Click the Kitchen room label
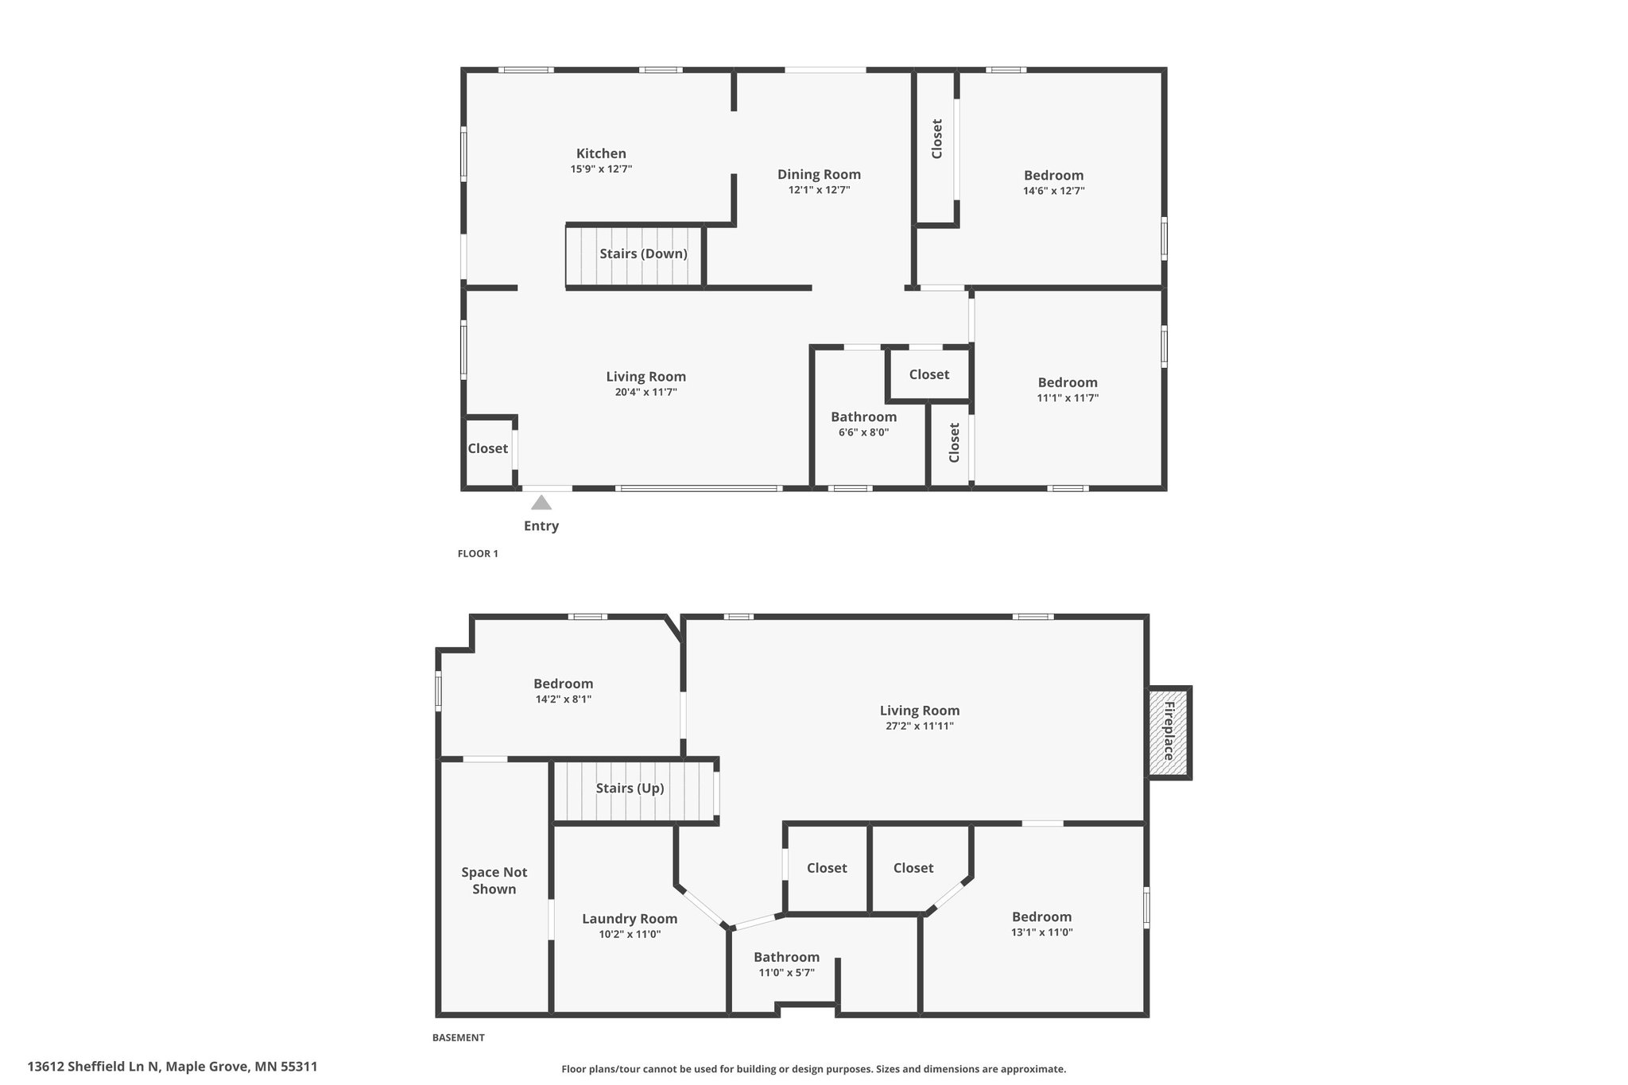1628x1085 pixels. [601, 153]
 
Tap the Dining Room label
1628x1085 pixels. [819, 175]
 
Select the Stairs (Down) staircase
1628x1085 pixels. [635, 254]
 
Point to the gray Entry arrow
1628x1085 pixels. [541, 502]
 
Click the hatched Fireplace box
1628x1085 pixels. [1169, 731]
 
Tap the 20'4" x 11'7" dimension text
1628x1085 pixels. [645, 392]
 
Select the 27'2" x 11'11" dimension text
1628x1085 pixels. [920, 726]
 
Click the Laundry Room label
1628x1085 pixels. [630, 919]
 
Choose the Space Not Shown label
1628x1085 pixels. [494, 881]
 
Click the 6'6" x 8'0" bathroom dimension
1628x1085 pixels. [863, 432]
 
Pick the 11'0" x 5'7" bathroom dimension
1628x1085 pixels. [786, 972]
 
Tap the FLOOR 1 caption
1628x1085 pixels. [478, 553]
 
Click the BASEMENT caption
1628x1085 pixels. [458, 1037]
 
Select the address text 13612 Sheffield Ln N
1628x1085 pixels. [94, 1067]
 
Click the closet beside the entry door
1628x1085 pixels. [488, 450]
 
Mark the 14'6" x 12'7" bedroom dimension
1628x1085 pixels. [1053, 191]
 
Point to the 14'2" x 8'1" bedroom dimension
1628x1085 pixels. [563, 699]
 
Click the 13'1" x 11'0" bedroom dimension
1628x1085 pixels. [1041, 932]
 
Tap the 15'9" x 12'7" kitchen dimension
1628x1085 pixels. [601, 169]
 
